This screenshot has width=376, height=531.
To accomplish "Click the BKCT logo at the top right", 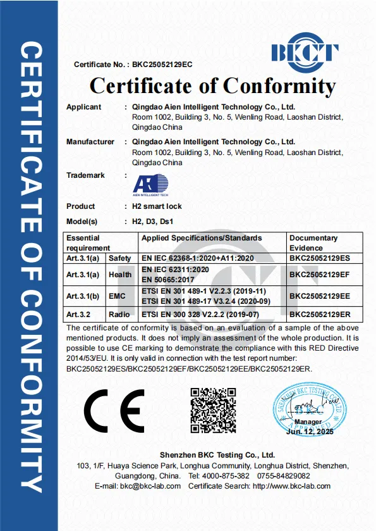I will point(305,52).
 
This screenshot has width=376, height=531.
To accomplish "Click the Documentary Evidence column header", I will point(313,242).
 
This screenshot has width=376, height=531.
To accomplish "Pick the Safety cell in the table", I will point(120,258).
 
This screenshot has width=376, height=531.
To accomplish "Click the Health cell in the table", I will point(120,274).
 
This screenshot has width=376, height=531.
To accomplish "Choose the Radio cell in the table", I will point(120,315).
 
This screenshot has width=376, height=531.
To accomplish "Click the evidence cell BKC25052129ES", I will point(319,258).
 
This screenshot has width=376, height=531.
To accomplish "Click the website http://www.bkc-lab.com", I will point(291,486).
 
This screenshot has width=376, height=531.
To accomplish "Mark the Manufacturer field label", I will point(90,142).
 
